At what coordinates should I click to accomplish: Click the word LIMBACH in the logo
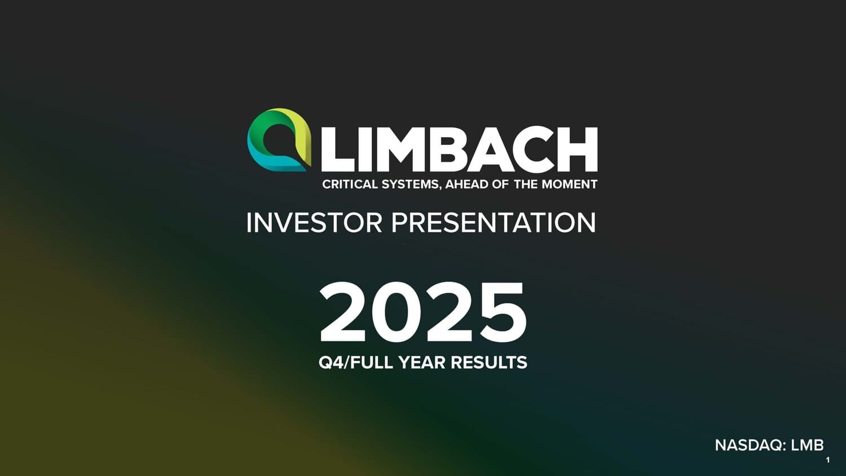coord(459,149)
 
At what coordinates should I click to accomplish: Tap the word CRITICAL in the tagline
coord(350,184)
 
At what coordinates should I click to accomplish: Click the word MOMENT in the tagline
coord(570,184)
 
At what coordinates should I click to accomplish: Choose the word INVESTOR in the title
coord(314,223)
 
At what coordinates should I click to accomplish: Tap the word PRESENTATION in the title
coord(493,223)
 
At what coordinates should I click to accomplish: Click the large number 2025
coord(422,312)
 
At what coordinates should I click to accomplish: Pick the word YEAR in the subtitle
coord(422,363)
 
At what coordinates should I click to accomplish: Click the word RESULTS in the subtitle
coord(489,363)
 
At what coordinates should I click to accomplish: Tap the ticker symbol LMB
coord(808,446)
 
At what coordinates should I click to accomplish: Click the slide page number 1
coord(828,461)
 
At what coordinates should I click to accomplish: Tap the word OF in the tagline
coord(499,184)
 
